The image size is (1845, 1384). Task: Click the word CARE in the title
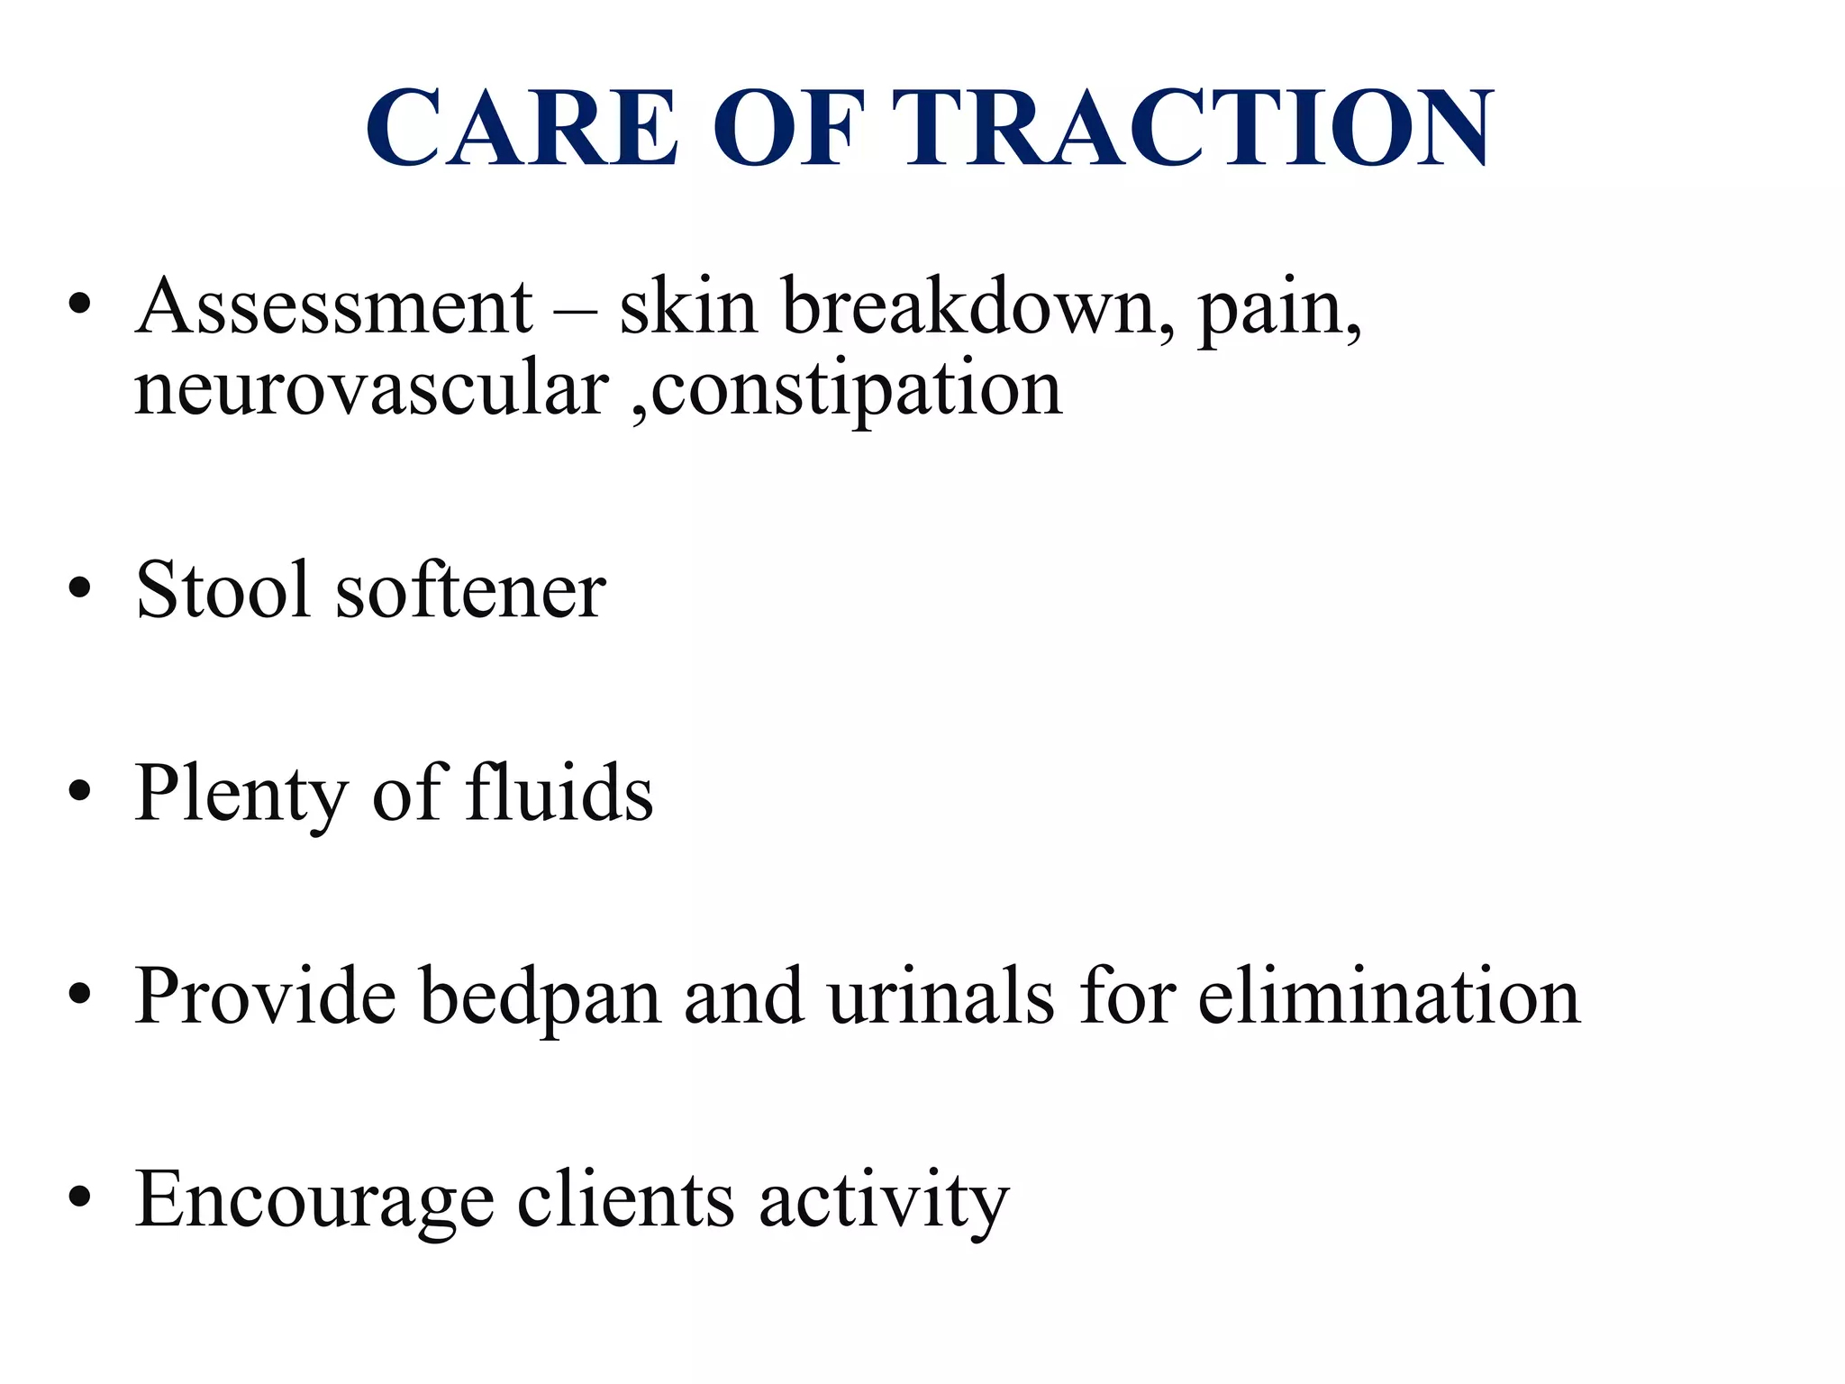point(523,128)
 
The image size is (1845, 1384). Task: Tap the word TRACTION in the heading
point(1192,128)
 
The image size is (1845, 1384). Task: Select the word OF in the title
point(789,128)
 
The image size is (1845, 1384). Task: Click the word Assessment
point(334,306)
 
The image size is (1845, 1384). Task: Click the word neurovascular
point(372,389)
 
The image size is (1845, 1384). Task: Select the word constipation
point(856,391)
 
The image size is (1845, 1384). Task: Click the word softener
point(470,589)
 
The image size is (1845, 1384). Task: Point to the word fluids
point(559,792)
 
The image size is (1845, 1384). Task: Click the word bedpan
point(541,997)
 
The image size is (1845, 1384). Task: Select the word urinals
point(941,997)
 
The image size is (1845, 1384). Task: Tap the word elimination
point(1388,997)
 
